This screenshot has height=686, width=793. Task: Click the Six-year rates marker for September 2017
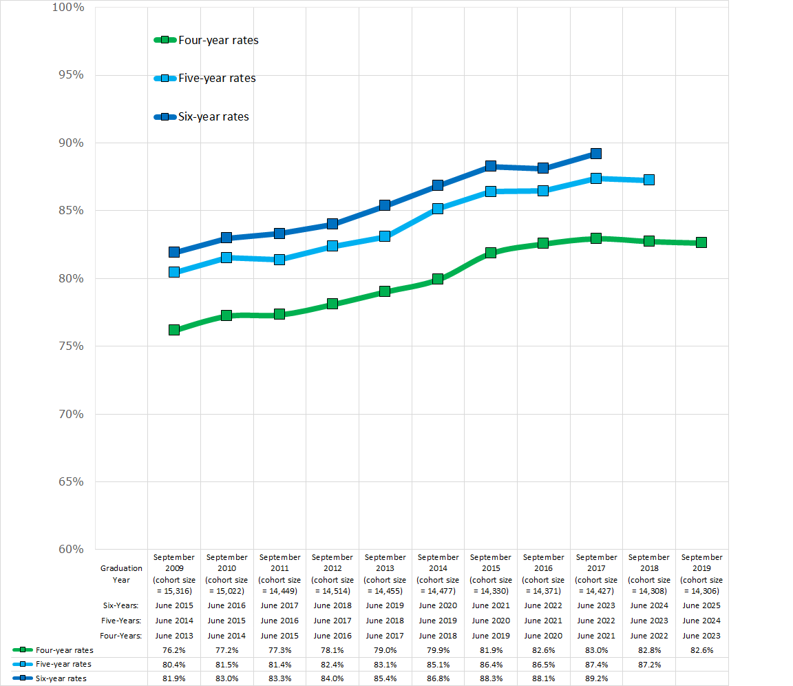point(596,154)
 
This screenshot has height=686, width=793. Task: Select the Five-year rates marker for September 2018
point(648,180)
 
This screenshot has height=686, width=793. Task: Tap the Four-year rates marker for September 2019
point(701,242)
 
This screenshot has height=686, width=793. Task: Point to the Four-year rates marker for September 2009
point(174,330)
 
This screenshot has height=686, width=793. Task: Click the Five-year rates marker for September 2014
point(438,208)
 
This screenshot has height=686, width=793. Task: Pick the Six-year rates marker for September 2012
point(332,224)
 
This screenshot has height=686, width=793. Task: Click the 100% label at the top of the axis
point(67,8)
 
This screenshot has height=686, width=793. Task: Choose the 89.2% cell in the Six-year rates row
point(596,678)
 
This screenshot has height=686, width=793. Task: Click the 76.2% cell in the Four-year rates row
point(174,649)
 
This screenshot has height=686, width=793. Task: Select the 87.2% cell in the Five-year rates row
point(648,664)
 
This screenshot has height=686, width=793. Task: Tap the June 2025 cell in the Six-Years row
point(701,605)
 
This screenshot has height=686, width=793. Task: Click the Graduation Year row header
point(121,574)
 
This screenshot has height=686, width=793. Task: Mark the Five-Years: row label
point(120,621)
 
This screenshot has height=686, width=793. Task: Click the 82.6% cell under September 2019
point(701,649)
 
